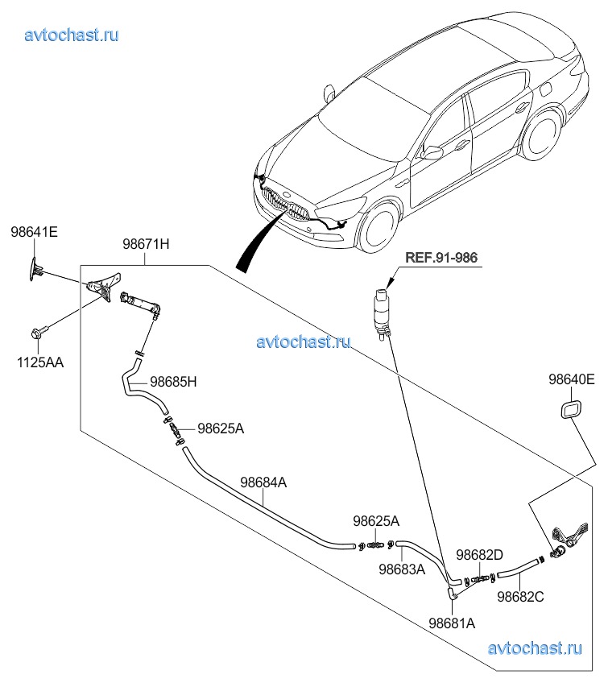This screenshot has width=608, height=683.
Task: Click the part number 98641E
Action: pos(34,232)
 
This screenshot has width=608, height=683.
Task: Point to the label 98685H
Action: pos(173,382)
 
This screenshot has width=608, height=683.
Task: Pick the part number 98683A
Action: pos(402,569)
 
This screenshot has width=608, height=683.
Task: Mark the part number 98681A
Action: pos(452,623)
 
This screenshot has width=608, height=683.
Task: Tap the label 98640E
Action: pos(572,379)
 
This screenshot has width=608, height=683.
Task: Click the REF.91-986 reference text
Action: pos(441,258)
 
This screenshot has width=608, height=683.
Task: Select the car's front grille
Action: pos(286,205)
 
